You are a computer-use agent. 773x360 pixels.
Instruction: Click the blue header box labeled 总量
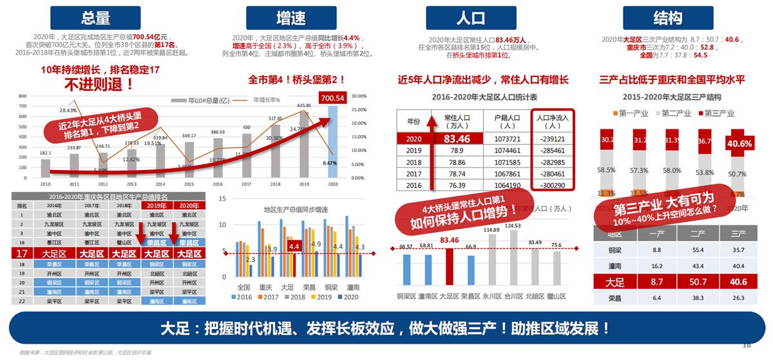[96, 18]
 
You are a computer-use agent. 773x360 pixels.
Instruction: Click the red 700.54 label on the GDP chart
[333, 98]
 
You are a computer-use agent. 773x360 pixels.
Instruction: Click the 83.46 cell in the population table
[456, 139]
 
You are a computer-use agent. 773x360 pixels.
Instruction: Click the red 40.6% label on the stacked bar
[738, 144]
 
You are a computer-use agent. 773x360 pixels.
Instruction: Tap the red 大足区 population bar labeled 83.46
[449, 266]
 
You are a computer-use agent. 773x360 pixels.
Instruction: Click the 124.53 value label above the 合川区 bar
[513, 225]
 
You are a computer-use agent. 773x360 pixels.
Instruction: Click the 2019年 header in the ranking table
[153, 205]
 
